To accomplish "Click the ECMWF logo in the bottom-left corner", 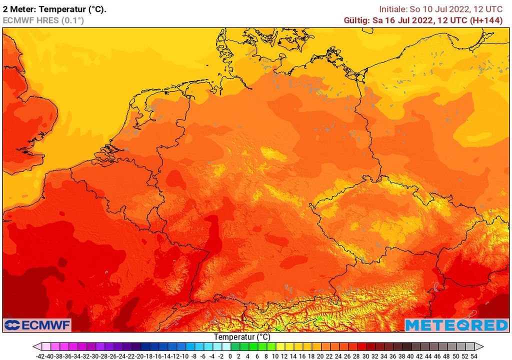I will [x=37, y=325].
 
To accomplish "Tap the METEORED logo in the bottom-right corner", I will [x=456, y=325].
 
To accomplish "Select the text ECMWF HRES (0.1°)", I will [x=43, y=20].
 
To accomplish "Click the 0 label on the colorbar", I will [x=230, y=356].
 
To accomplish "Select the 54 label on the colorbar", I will [x=473, y=356].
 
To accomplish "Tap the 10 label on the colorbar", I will [x=275, y=356].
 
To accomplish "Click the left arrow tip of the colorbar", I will [x=34, y=346].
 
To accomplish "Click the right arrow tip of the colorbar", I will [x=482, y=346].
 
